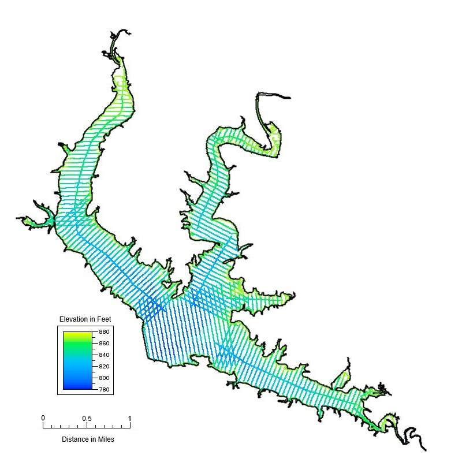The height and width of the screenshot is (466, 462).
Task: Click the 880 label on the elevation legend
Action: coord(104,332)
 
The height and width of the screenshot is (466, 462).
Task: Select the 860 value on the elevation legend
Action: coord(104,344)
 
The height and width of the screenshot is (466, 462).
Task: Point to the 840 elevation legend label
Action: coord(104,355)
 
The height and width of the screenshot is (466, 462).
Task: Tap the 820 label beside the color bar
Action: coord(104,367)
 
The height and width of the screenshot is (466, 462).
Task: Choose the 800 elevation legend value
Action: coord(104,378)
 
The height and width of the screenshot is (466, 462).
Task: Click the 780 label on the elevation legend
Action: coord(104,389)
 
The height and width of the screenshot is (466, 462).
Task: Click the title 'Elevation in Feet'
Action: coord(85,319)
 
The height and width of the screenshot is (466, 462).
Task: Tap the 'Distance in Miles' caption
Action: coord(88,439)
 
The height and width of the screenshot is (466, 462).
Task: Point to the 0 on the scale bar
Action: coord(43,418)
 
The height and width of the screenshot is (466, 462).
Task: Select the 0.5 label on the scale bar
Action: coord(87,418)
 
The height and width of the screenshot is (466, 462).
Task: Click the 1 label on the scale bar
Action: coord(129,418)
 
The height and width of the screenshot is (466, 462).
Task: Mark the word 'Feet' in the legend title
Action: coord(104,319)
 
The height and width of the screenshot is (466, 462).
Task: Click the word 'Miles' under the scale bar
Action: coord(105,439)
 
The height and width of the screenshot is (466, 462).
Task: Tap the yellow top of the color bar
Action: coord(77,334)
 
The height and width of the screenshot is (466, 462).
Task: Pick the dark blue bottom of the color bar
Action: coord(77,386)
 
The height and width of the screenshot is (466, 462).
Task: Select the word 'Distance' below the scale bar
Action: coord(74,439)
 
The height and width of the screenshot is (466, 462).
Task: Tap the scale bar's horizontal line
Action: coord(87,428)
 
